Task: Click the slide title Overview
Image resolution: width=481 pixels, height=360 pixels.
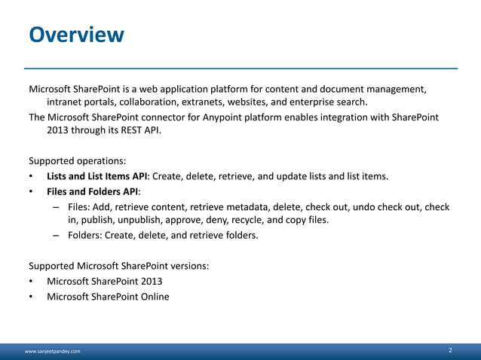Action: click(x=76, y=35)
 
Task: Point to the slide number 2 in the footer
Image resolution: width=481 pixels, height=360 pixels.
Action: click(x=450, y=351)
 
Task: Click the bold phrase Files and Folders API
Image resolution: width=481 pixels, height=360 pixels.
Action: click(x=93, y=191)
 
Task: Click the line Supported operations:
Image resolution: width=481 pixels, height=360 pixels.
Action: click(x=78, y=160)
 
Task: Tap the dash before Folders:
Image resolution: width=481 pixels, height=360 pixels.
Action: click(x=57, y=235)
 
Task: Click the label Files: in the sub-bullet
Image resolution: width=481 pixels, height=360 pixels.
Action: click(x=79, y=206)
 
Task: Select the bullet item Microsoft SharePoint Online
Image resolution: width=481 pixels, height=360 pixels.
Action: click(x=108, y=296)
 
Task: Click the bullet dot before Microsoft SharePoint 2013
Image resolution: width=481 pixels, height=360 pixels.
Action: click(x=31, y=281)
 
